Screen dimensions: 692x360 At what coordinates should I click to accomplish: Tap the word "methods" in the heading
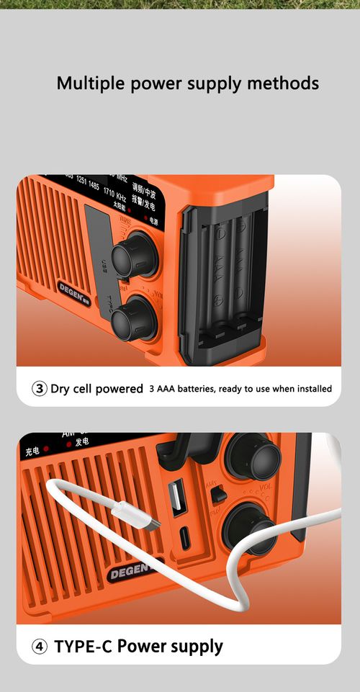click(283, 84)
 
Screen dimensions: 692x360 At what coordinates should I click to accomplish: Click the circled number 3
click(40, 389)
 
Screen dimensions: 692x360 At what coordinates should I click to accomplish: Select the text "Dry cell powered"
click(96, 389)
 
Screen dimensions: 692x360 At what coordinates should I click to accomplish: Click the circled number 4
click(40, 647)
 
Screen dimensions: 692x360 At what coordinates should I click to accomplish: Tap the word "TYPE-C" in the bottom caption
click(83, 647)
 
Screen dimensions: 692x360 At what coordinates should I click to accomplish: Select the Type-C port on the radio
click(184, 538)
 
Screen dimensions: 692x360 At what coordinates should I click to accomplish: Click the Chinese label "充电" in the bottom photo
click(32, 451)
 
